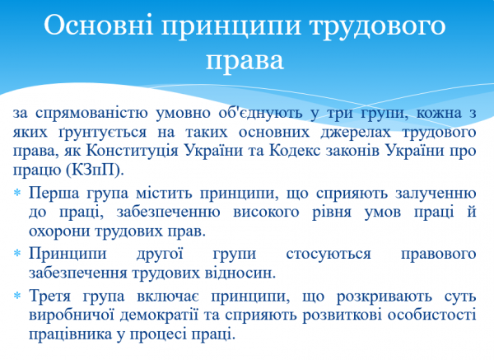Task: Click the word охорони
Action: pyautogui.click(x=61, y=231)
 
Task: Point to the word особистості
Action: pyautogui.click(x=436, y=315)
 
